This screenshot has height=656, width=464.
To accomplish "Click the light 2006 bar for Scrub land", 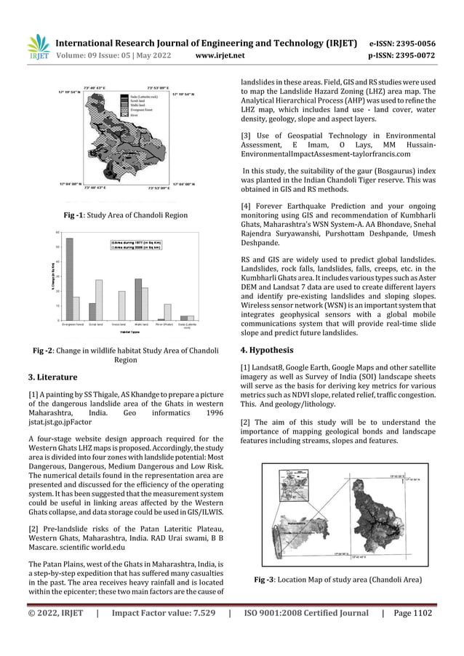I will click(x=99, y=300).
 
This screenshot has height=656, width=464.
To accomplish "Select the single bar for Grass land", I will click(x=122, y=305).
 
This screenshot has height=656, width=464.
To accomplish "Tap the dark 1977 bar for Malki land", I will click(x=138, y=299).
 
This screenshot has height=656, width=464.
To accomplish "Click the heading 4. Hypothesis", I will click(x=268, y=349).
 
